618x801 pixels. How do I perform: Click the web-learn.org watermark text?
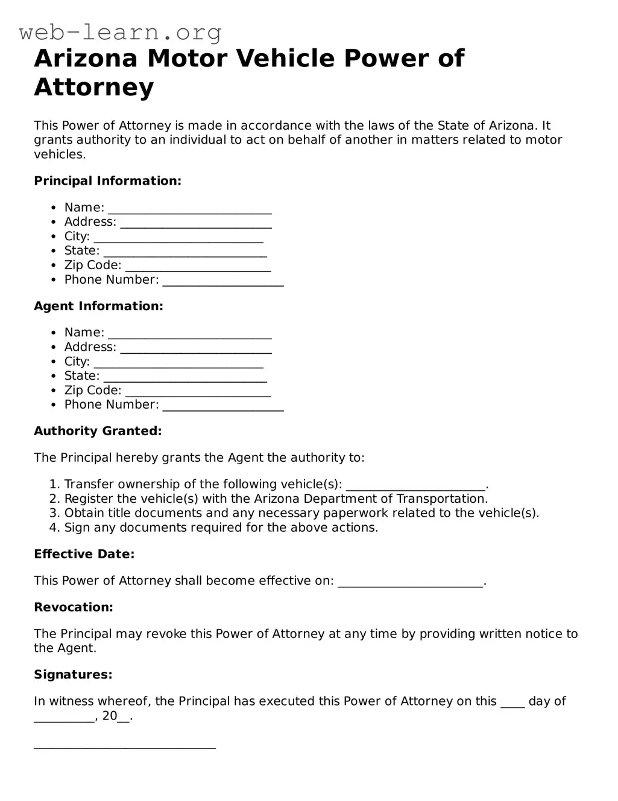(120, 32)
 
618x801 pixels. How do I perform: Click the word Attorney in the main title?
(94, 87)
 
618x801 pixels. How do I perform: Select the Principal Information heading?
(107, 181)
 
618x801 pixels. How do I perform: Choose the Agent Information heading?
(98, 306)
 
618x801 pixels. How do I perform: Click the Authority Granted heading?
(98, 431)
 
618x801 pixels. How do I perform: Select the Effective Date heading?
(84, 554)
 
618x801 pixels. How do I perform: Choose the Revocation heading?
(73, 607)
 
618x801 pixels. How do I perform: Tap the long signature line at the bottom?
(125, 747)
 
